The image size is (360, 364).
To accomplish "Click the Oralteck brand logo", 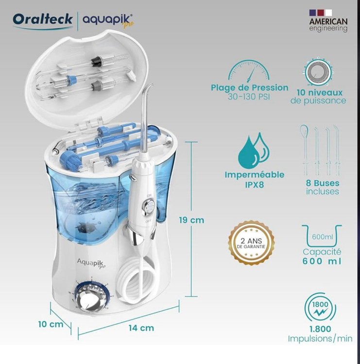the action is tap(43, 20).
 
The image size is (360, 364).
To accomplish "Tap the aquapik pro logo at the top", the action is tap(108, 21).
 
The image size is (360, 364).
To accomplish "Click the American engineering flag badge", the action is tap(328, 20).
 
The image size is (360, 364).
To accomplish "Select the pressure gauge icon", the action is tap(249, 70).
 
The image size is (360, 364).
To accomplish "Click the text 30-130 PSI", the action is tap(249, 97).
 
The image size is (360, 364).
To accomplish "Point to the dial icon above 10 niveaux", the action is tap(318, 71).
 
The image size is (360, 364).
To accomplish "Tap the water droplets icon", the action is tap(254, 150).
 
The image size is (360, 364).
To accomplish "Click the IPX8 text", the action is tap(255, 185).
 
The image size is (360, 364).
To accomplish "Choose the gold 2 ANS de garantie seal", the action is tap(251, 243).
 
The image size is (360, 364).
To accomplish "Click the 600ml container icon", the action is tap(322, 236).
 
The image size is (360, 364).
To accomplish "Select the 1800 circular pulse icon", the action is tap(320, 308).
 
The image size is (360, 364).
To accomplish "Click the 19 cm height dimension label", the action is tap(191, 220).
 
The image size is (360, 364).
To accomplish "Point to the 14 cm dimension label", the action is tap(141, 328).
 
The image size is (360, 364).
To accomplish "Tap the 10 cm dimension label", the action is tap(51, 324).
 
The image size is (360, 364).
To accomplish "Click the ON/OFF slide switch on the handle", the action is tap(149, 207).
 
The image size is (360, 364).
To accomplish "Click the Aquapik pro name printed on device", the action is tap(91, 263).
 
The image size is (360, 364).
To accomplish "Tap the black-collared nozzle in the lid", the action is tap(96, 61).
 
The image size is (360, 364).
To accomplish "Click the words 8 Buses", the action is tap(323, 183).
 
